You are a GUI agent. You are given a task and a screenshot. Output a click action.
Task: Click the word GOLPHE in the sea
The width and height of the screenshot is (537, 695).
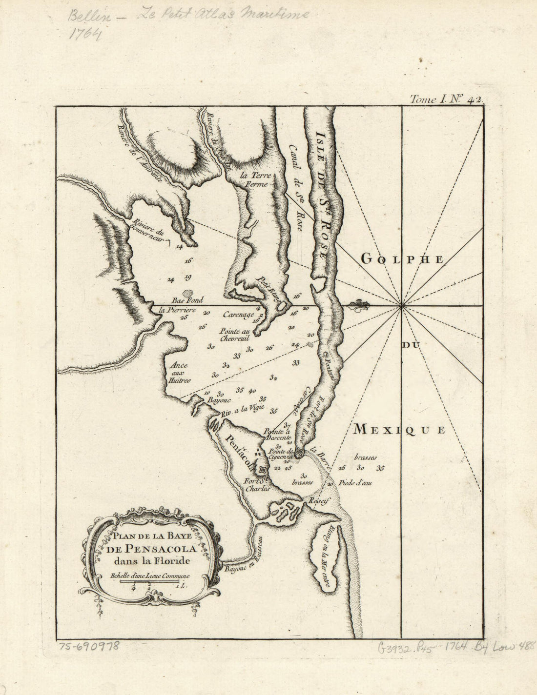(402, 259)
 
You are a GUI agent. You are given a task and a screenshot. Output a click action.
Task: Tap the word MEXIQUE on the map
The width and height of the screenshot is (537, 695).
(399, 430)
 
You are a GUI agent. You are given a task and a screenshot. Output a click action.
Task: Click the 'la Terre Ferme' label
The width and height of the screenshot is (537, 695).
(254, 180)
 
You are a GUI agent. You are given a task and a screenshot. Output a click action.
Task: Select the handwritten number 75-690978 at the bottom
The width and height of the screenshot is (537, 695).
(88, 647)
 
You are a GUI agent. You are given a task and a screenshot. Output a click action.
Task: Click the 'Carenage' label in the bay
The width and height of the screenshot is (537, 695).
(238, 315)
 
